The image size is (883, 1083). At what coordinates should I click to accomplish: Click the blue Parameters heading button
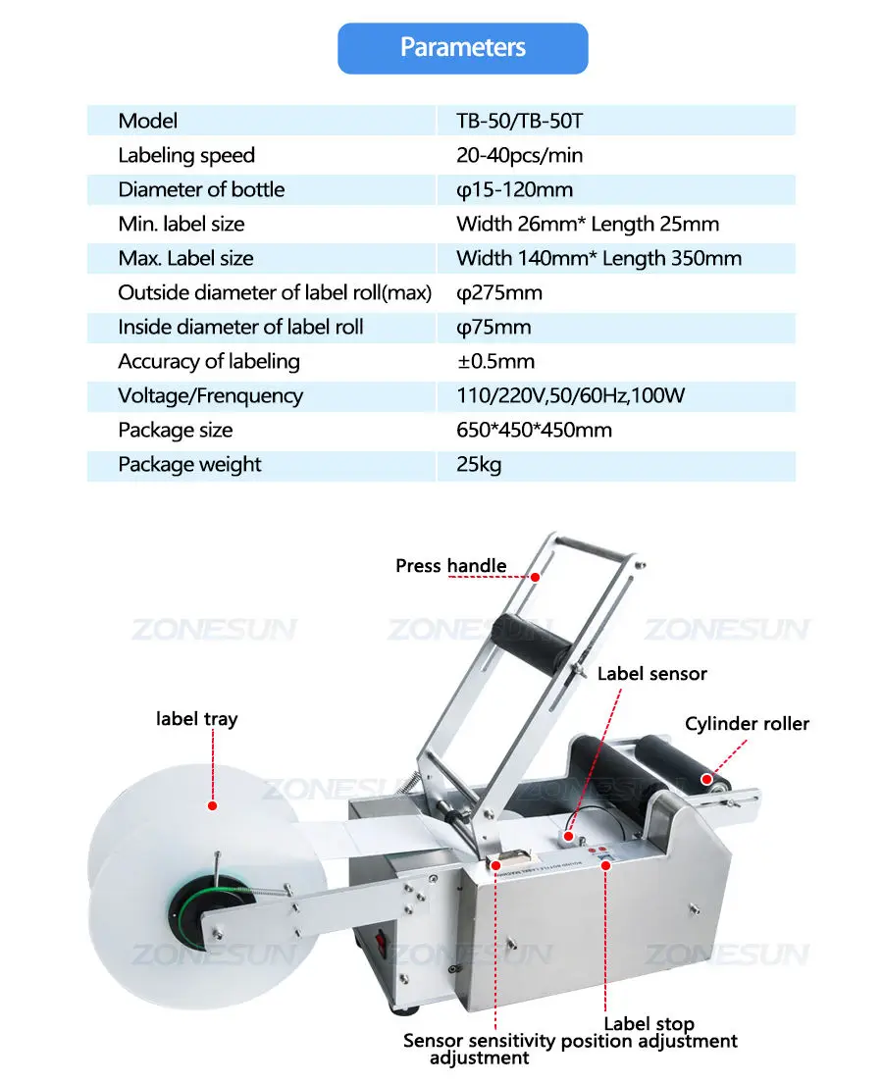[x=462, y=48]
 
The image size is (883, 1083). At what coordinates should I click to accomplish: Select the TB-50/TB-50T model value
[x=519, y=121]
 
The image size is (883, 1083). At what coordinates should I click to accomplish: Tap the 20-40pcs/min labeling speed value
[x=519, y=155]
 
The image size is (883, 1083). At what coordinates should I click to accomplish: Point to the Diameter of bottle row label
[x=201, y=190]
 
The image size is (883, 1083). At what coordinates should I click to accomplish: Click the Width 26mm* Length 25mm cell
[x=588, y=225]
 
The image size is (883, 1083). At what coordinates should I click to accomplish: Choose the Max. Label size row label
[x=185, y=258]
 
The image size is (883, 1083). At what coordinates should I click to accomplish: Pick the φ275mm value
[x=498, y=293]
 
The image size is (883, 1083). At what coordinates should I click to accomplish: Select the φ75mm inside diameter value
[x=493, y=328]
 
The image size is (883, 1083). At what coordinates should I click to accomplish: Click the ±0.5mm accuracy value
[x=495, y=361]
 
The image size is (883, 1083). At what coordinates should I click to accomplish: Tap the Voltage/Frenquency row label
[x=211, y=396]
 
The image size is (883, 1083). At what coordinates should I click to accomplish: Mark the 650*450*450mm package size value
[x=534, y=431]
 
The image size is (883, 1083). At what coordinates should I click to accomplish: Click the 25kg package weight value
[x=479, y=465]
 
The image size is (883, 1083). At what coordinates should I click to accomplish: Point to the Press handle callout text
[x=450, y=566]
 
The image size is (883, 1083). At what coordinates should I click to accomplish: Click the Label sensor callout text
[x=652, y=674]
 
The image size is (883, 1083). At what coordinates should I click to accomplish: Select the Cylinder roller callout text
[x=747, y=724]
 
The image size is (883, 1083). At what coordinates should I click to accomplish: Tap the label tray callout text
[x=197, y=719]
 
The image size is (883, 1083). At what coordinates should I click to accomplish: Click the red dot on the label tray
[x=212, y=805]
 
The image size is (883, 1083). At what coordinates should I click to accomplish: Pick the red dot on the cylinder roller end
[x=706, y=779]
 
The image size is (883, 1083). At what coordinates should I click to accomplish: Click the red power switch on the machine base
[x=379, y=944]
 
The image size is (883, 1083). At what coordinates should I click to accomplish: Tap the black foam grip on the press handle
[x=532, y=641]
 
